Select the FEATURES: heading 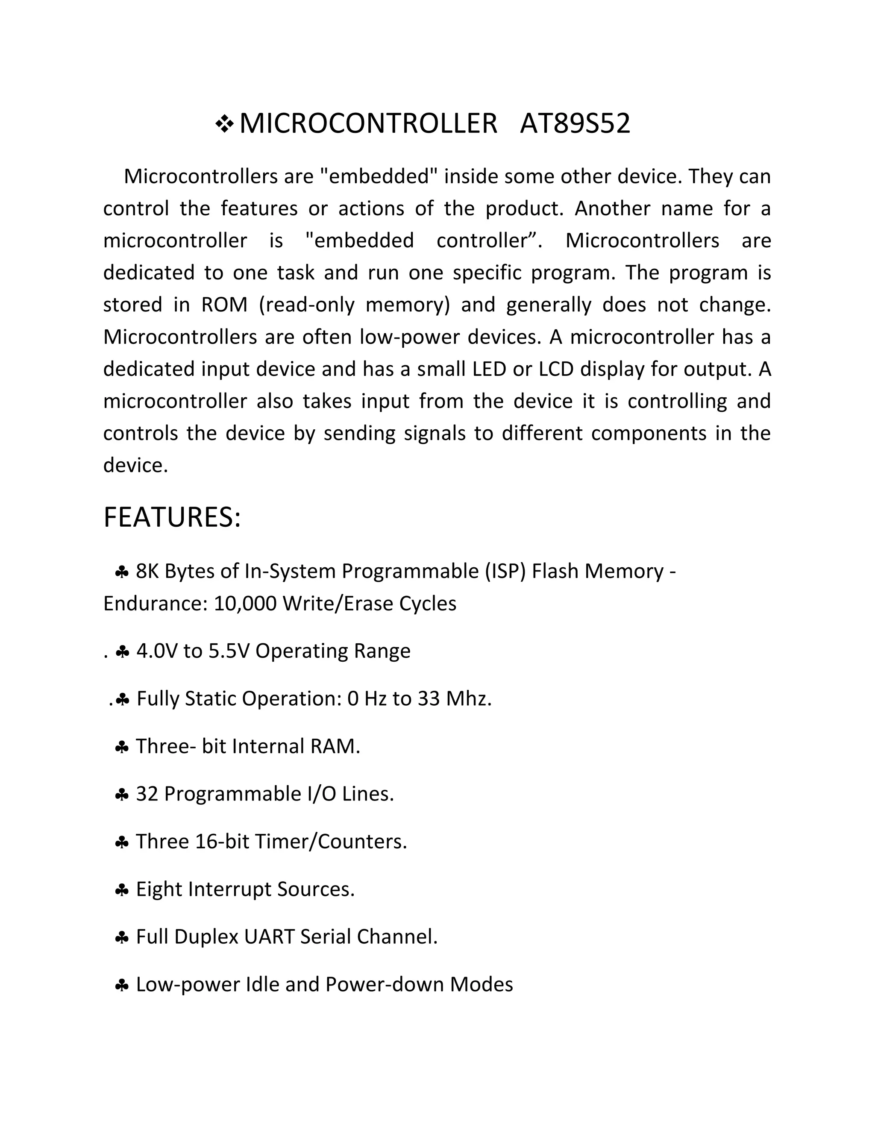[172, 518]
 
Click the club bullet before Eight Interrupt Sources [121, 890]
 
